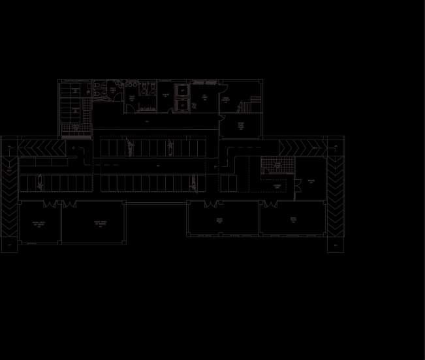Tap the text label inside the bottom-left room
click(x=39, y=224)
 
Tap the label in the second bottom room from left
click(x=100, y=224)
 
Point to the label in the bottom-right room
click(x=293, y=220)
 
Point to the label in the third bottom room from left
click(x=221, y=220)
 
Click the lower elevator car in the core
click(x=181, y=104)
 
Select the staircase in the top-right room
click(x=246, y=106)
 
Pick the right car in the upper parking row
click(x=171, y=148)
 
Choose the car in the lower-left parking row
click(x=42, y=184)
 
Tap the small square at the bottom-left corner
click(x=10, y=245)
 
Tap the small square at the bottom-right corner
click(x=336, y=245)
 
